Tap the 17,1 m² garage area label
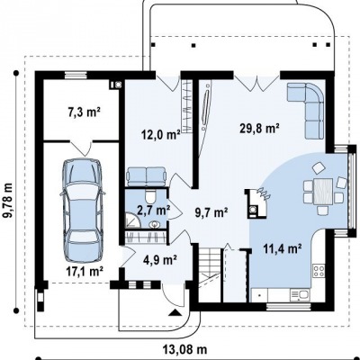point(85,272)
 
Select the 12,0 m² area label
point(161,135)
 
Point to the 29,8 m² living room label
point(260,128)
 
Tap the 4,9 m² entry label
point(159,259)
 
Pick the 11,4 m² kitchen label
point(283,248)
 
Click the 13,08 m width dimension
point(185,349)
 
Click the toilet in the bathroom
point(150,197)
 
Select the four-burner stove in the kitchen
point(319,270)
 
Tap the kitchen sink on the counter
point(300,295)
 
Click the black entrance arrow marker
point(175,313)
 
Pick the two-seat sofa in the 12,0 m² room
point(147,176)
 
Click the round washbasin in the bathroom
point(154,224)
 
